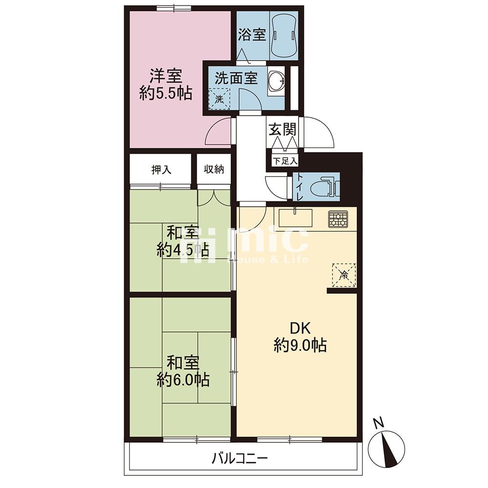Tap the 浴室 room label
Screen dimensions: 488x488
point(252,35)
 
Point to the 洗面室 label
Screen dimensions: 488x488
point(236,78)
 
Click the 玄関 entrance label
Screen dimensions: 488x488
point(282,129)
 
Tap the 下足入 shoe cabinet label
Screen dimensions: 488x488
point(285,161)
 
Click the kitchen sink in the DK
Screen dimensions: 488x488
point(295,218)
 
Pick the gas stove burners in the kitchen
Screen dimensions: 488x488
point(338,219)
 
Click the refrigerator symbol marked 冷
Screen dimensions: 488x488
point(344,275)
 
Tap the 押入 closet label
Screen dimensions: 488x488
point(161,170)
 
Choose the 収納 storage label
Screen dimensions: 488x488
point(214,169)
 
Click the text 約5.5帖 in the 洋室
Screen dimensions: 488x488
point(165,93)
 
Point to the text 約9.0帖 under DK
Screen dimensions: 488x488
point(300,345)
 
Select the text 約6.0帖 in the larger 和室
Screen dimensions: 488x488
point(183,380)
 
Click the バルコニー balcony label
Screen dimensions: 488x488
point(240,458)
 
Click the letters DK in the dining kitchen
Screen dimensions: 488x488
point(300,328)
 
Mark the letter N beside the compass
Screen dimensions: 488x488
point(378,423)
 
